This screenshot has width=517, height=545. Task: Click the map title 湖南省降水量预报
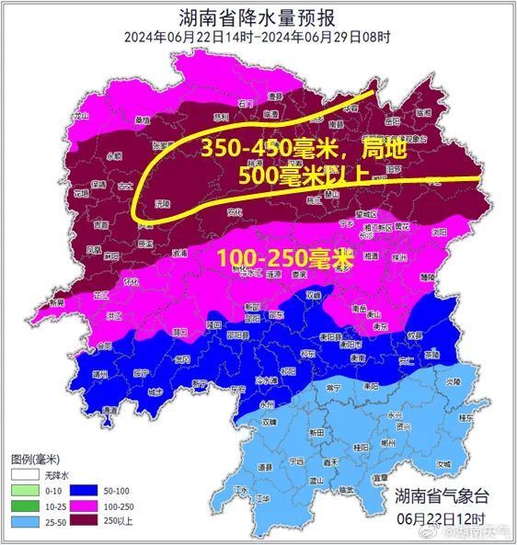click(258, 17)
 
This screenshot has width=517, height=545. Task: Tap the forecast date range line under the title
click(258, 37)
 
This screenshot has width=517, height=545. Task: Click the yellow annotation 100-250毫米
click(286, 258)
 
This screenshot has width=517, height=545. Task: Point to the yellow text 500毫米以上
click(303, 174)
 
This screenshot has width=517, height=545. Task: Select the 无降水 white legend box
click(23, 475)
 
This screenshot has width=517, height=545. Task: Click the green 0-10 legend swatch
click(23, 491)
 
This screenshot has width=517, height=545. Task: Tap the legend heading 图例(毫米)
click(36, 459)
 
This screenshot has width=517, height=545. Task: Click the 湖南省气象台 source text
click(437, 497)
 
